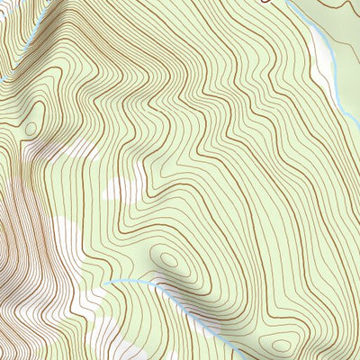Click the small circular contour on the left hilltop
(x=31, y=129)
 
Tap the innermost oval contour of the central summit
(x=168, y=260)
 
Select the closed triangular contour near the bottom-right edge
(x=281, y=345)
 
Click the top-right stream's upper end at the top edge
(x=288, y=2)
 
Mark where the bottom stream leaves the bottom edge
(x=236, y=358)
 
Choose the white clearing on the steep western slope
(x=63, y=234)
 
